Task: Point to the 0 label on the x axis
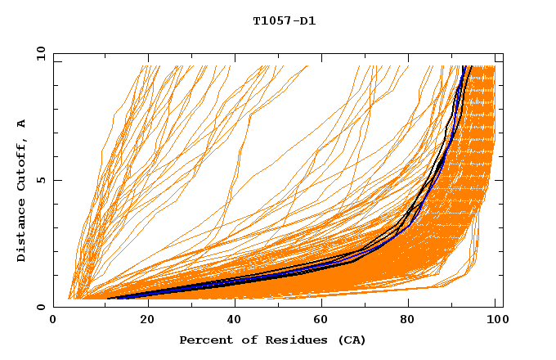point(54,321)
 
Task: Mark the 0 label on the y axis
point(41,307)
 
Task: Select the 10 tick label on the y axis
point(38,53)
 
